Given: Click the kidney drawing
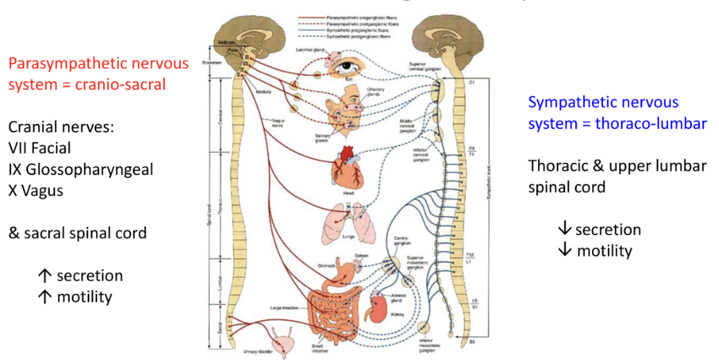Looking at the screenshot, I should (x=381, y=304).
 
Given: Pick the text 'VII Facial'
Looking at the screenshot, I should (x=39, y=148).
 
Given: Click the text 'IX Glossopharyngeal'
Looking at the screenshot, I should (x=81, y=170).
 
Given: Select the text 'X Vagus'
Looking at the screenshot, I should (x=36, y=191).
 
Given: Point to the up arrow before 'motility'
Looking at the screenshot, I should (x=45, y=297).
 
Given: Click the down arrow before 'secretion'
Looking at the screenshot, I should (x=565, y=230).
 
